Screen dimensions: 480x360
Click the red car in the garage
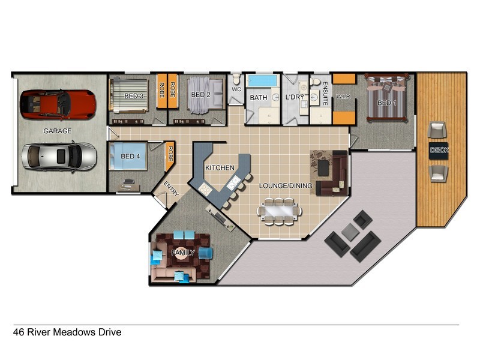[58, 104]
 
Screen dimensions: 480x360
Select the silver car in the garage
[59, 157]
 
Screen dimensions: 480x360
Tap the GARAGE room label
[58, 131]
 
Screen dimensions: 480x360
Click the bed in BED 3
[129, 95]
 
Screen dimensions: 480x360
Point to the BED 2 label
[200, 95]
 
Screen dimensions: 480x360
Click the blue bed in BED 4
[128, 156]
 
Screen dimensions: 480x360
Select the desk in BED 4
[128, 187]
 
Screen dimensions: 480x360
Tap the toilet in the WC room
[236, 79]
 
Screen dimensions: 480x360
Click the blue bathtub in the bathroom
[262, 80]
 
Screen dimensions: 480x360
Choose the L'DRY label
[295, 97]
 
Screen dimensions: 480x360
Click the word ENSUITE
[325, 94]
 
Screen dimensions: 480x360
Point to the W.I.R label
[343, 97]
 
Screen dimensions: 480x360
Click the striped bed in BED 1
[387, 97]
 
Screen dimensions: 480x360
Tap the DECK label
[439, 150]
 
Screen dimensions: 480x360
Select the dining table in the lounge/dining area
[279, 211]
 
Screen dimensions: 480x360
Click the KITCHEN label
[220, 168]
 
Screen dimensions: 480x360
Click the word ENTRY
[171, 188]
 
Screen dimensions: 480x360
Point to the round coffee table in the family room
[182, 253]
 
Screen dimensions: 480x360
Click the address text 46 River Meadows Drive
[67, 332]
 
